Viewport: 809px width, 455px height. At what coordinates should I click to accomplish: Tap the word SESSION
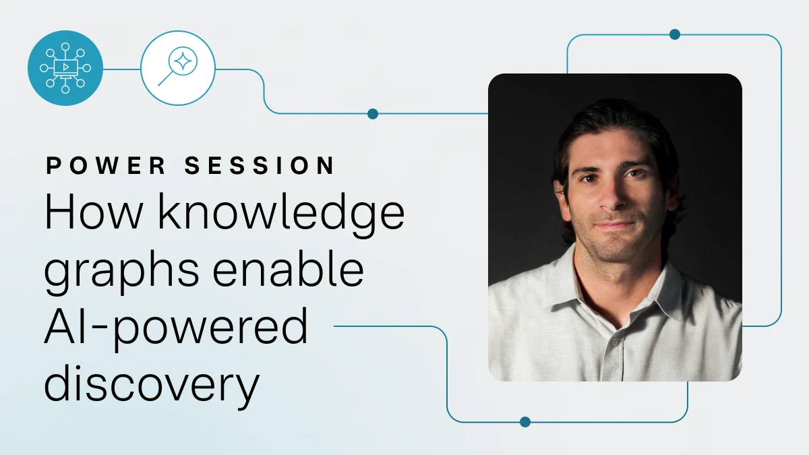260,166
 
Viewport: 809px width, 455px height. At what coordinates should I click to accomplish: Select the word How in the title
94,211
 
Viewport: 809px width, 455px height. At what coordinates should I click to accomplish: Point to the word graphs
121,272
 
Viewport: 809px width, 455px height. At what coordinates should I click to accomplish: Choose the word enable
288,268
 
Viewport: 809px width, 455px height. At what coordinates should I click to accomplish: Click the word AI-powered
176,329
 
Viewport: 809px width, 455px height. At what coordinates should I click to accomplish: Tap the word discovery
152,386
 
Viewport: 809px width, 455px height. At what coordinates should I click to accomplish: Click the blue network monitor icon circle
65,68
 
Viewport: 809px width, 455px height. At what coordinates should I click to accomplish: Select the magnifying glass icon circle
178,68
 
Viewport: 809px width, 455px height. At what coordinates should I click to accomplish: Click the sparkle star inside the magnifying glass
183,61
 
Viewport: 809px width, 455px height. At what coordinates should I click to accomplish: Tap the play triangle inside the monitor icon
66,67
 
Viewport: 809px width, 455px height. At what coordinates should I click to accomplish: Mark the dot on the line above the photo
675,34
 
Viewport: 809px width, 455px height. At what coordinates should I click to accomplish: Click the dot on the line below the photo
525,422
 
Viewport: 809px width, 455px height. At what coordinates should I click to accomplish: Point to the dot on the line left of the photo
373,114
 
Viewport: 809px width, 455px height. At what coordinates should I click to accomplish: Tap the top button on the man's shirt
615,341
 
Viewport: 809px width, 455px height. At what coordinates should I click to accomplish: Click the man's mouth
614,225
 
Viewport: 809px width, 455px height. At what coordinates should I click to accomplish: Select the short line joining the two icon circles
122,69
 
